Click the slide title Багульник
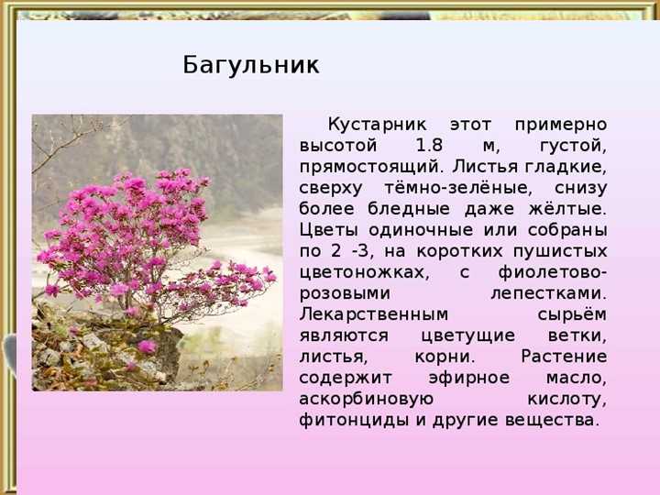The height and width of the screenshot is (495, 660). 251,65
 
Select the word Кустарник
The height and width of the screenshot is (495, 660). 377,125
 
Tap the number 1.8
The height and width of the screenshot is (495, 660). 429,146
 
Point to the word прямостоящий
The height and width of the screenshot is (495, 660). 371,168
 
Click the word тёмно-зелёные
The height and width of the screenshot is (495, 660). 458,188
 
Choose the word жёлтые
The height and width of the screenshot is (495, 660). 567,209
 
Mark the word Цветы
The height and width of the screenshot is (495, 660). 329,231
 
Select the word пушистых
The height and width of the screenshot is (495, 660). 560,252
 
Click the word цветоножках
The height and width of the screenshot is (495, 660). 365,273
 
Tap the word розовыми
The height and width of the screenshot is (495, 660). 345,294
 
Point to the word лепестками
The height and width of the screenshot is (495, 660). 549,294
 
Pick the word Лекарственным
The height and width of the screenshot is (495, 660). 374,314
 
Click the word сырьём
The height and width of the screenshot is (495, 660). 572,314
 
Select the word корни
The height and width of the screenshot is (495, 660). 445,357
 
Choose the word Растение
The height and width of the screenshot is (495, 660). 564,357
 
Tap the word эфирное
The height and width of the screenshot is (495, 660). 469,378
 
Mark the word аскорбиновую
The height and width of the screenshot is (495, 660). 366,399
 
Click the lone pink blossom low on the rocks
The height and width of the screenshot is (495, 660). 147,346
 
